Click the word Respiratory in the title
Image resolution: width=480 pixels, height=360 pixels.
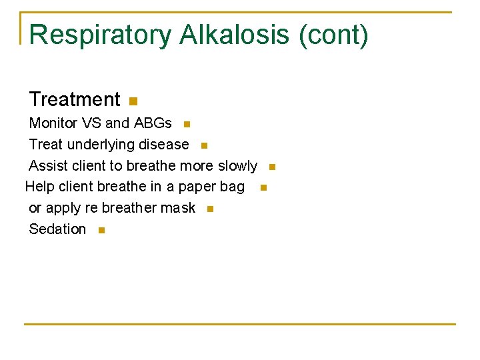(100, 35)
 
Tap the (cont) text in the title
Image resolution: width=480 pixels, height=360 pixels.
(333, 35)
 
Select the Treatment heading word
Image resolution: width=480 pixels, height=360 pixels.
(75, 100)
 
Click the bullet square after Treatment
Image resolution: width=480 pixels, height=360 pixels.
(133, 102)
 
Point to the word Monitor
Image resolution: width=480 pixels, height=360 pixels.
(53, 123)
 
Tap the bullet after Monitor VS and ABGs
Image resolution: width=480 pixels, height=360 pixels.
(187, 125)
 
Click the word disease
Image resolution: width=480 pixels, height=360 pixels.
(164, 145)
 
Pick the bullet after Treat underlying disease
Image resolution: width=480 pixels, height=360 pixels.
(204, 146)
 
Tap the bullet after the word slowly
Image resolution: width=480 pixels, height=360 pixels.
(272, 167)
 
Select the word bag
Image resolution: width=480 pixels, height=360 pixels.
(232, 187)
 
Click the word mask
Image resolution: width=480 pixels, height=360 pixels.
(178, 208)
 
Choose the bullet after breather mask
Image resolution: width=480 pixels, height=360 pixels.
(210, 209)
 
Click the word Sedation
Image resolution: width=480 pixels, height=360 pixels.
(57, 229)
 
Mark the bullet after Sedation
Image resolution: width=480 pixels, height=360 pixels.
(101, 231)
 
